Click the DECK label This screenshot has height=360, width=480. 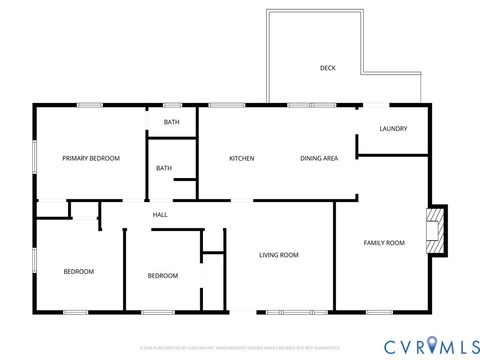coord(327,68)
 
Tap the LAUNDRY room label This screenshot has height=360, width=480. coord(392,128)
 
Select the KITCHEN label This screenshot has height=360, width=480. coord(242,158)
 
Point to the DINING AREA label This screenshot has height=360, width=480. coord(319,158)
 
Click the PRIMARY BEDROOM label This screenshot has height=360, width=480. coord(91,158)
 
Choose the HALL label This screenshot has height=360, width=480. coord(160,215)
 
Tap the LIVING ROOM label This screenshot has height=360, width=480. coord(279,255)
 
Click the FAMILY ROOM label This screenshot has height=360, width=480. coord(384,243)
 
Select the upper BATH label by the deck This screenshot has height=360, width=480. coord(172,122)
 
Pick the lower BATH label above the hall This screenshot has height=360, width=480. coord(164,168)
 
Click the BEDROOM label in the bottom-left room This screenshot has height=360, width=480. coord(79,272)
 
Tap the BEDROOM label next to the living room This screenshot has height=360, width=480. coord(163,276)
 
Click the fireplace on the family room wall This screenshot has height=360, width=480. coord(435,230)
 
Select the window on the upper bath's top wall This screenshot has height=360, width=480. coord(172,104)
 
